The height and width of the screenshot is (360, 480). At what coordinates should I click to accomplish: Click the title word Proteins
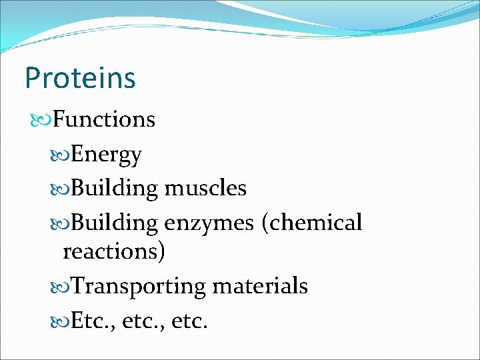point(80,78)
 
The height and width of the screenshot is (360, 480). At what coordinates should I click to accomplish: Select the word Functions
point(104,119)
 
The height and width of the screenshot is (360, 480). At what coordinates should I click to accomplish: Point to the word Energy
point(106,155)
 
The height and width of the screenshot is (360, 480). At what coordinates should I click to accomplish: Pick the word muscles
point(205,189)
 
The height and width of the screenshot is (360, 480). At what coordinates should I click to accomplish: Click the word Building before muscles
point(115,189)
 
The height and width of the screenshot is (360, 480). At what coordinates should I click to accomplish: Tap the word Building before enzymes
point(115,223)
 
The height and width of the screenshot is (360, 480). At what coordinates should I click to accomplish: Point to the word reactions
point(114,252)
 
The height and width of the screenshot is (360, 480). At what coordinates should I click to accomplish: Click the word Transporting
point(139,287)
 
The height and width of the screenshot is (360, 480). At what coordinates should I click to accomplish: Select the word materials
point(260,287)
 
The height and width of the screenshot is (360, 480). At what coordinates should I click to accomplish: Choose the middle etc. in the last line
point(139,322)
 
